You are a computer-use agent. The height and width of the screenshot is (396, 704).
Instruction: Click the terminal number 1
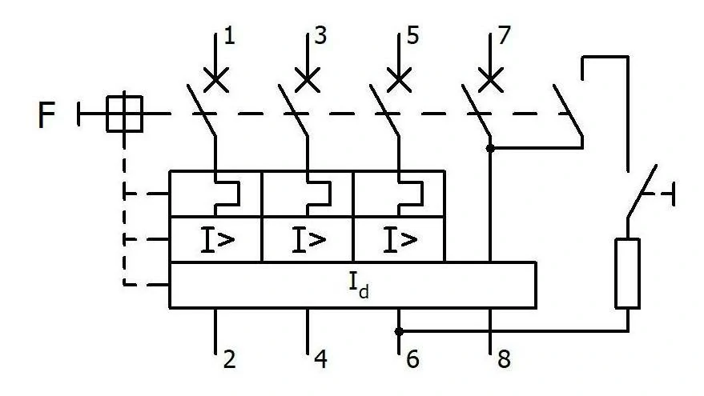coord(229,35)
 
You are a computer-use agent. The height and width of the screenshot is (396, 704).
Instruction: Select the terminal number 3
coord(320,35)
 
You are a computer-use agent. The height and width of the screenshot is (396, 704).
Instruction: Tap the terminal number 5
coord(412,35)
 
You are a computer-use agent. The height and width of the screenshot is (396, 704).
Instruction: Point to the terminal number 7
coord(505,35)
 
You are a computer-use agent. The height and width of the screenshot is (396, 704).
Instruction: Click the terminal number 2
coord(229,360)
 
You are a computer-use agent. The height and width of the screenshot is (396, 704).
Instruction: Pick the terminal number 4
coord(320,360)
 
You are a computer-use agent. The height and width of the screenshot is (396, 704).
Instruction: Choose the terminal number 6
coord(412,360)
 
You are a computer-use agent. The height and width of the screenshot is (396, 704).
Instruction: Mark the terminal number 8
coord(505,360)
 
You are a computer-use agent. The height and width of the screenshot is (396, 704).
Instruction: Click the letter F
coord(46,115)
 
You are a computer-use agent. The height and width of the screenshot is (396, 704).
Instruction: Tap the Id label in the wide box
coord(359,286)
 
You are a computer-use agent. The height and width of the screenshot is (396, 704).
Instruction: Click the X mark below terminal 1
coord(216,80)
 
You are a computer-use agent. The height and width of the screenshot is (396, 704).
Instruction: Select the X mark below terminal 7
coord(490,80)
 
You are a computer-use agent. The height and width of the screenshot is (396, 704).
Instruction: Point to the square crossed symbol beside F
coord(124,114)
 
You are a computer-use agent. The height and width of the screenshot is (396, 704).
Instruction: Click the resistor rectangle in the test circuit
coord(627,274)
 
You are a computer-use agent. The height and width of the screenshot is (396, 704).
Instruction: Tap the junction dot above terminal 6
coord(399,332)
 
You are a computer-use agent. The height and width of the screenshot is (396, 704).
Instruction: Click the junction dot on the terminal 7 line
coord(490,148)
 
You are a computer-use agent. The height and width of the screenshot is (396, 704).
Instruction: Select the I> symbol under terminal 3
coord(309,240)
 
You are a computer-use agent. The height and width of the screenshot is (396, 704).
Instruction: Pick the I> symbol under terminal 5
coord(400,240)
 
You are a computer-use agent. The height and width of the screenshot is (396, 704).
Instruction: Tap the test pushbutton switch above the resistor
coord(642,193)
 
